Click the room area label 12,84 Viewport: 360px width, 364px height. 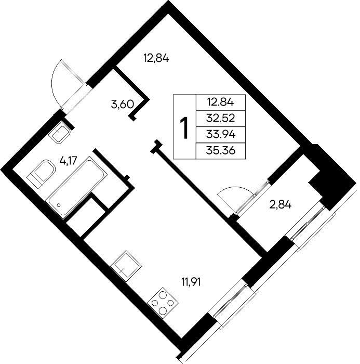point(156,58)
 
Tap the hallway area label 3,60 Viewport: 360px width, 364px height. point(123,105)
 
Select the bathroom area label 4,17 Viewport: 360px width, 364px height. point(68,160)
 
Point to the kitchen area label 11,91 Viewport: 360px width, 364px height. point(191,282)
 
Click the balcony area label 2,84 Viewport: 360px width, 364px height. point(280,205)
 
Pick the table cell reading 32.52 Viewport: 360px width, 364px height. point(221,119)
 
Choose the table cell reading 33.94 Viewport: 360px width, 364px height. point(221,135)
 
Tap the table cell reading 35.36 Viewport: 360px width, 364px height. point(221,151)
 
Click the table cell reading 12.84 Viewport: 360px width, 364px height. point(221,102)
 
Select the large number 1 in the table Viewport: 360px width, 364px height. point(185,128)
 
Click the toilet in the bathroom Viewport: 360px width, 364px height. point(41,174)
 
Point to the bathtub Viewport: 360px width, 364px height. point(76,188)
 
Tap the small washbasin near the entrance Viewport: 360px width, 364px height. point(59,132)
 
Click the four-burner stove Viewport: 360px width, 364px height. point(163,303)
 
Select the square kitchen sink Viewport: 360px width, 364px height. point(126,266)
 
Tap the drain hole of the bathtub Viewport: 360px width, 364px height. point(59,205)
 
